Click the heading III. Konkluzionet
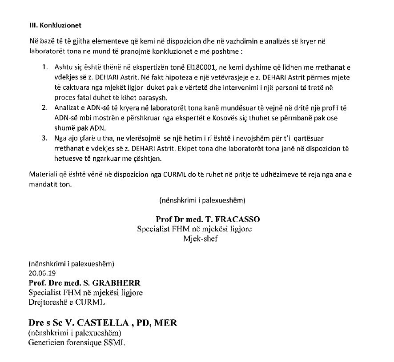pyautogui.click(x=53, y=24)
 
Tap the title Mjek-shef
pyautogui.click(x=200, y=239)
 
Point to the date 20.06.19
pyautogui.click(x=39, y=273)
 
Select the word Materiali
pyautogui.click(x=42, y=174)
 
